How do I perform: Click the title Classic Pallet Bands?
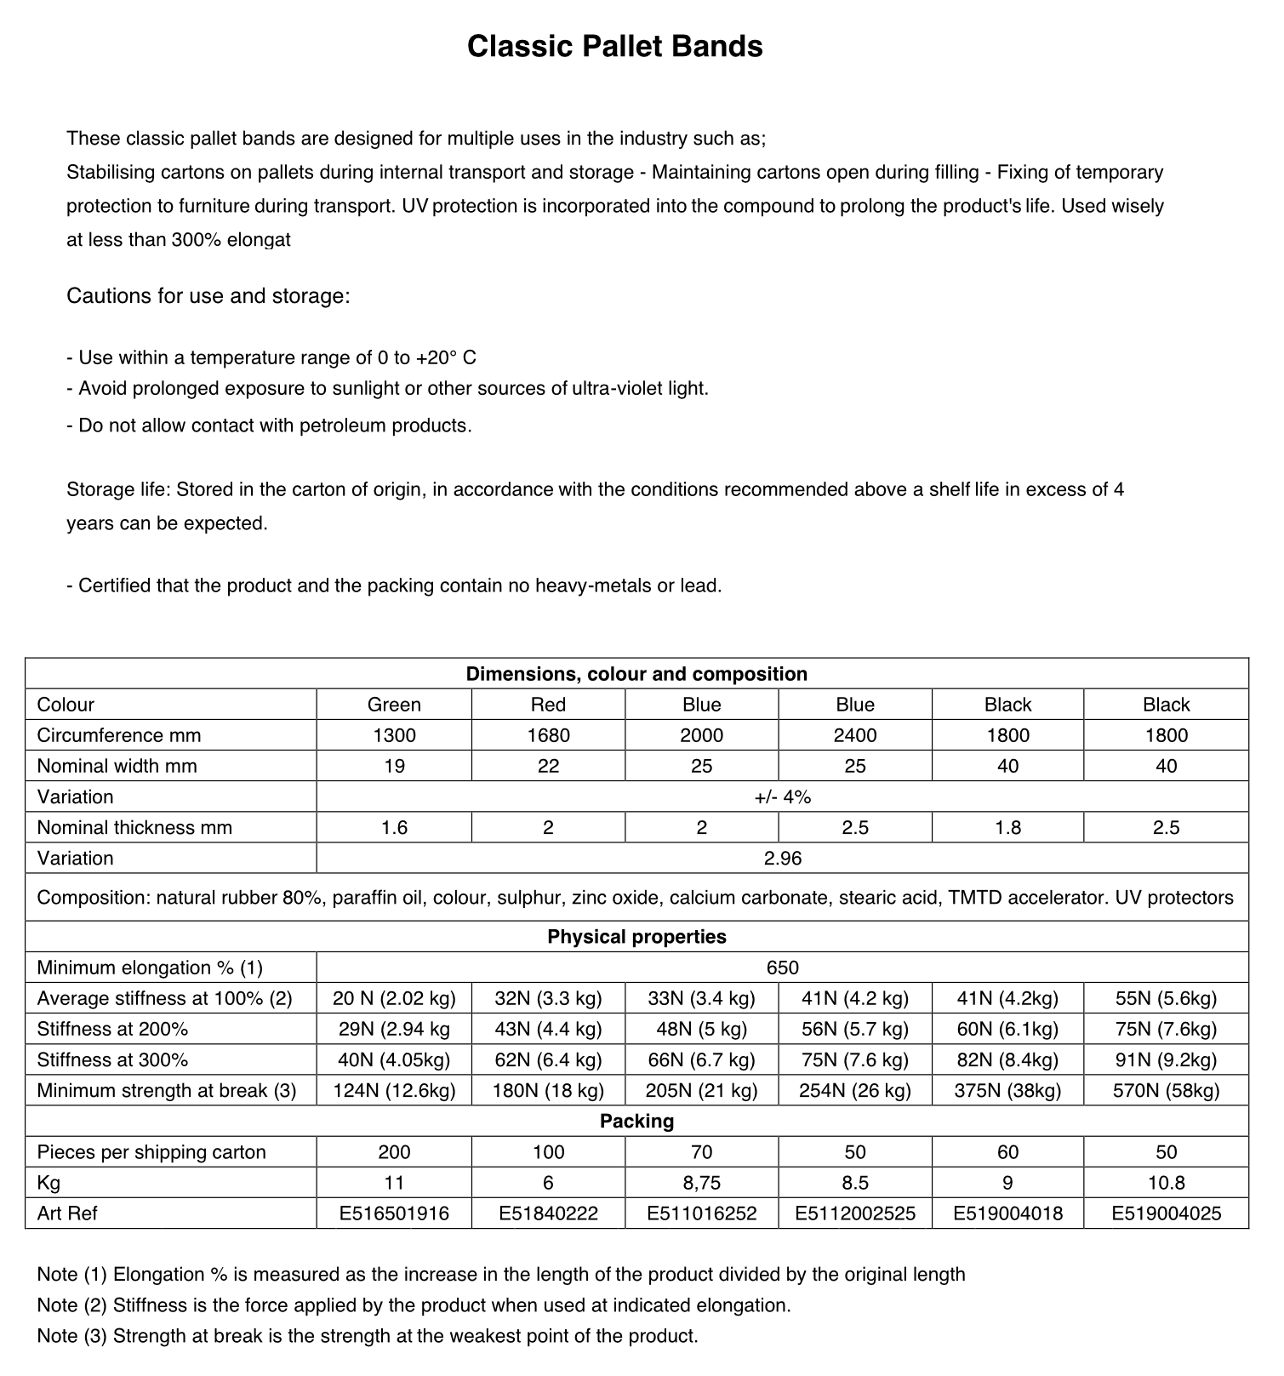(614, 46)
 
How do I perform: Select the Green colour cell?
(394, 705)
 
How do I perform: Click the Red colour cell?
(548, 705)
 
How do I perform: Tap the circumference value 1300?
(394, 735)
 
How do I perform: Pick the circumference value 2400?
(854, 735)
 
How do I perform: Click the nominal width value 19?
(394, 766)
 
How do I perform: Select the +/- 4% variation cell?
(782, 796)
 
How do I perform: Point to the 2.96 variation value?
(782, 858)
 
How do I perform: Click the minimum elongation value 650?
(782, 968)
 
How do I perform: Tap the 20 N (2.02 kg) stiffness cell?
(394, 998)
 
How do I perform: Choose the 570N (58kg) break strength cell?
(1166, 1090)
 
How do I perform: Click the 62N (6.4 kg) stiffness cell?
(548, 1059)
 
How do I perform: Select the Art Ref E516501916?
(394, 1213)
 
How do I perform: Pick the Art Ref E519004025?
(1166, 1213)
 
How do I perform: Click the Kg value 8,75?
(701, 1183)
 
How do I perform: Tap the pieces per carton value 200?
(394, 1152)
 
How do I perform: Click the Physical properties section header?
(636, 937)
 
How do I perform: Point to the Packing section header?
(636, 1121)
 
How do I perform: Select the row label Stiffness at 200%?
(112, 1029)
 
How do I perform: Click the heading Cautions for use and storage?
(208, 296)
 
